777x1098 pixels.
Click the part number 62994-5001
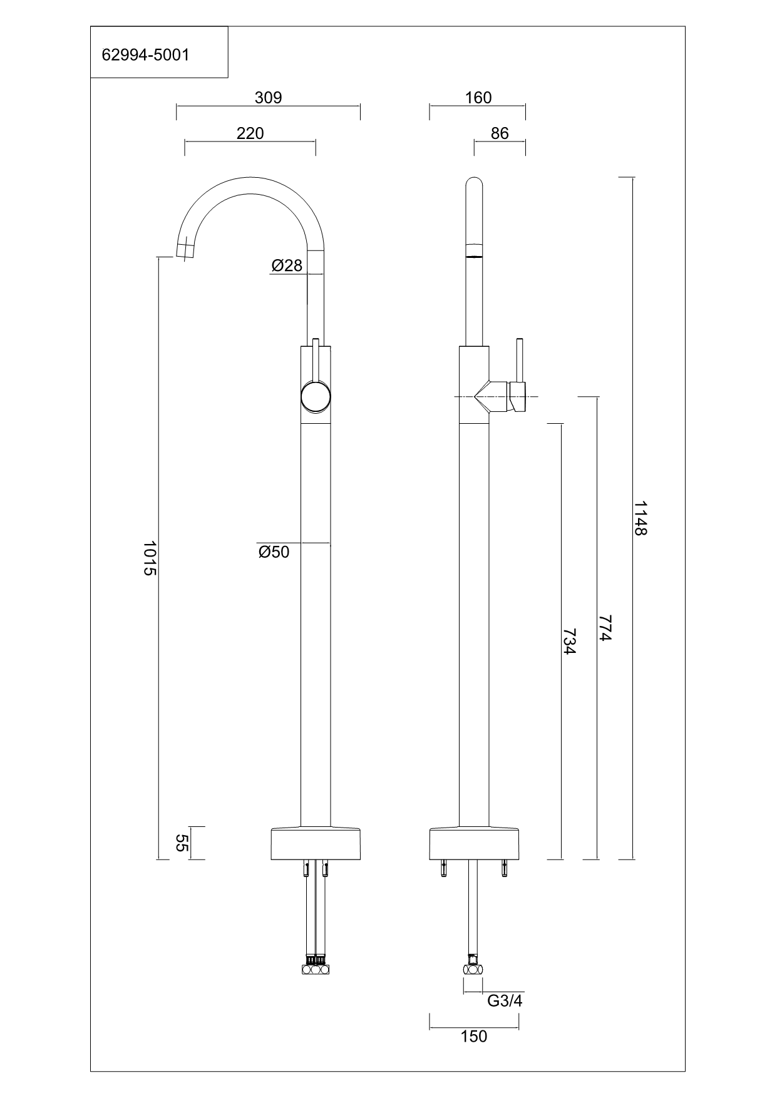click(145, 55)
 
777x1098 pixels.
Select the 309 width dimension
click(268, 98)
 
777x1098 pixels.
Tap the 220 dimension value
click(250, 133)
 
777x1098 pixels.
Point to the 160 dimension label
click(478, 98)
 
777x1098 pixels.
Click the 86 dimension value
click(500, 133)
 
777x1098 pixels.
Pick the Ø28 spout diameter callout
click(287, 266)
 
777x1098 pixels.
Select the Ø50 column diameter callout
click(274, 552)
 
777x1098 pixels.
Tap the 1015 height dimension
click(148, 558)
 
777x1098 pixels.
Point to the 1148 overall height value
click(640, 518)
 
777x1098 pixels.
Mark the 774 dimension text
click(604, 628)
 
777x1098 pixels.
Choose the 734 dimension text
click(569, 642)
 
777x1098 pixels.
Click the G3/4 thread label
click(505, 1000)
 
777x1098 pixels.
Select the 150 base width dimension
click(473, 1037)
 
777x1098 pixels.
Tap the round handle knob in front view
click(315, 398)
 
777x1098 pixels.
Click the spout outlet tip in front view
click(185, 250)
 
